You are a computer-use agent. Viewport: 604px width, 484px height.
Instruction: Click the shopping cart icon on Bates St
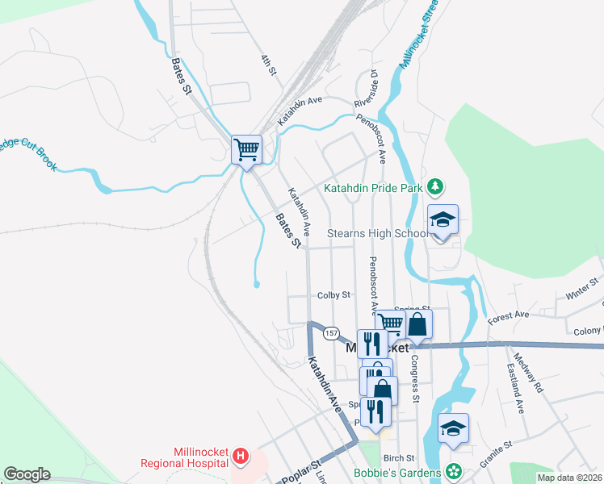pos(246,149)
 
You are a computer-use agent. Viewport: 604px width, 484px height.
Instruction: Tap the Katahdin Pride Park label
pos(373,189)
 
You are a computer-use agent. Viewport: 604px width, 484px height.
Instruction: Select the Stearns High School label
pos(376,234)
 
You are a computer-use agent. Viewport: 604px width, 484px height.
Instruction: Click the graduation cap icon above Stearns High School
pos(443,219)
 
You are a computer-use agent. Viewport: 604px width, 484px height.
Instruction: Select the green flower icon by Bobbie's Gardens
pos(454,470)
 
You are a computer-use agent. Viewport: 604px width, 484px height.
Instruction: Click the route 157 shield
pos(330,332)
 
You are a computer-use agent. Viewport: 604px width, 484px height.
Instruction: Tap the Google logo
pos(27,474)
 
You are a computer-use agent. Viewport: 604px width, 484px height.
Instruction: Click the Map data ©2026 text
pos(570,478)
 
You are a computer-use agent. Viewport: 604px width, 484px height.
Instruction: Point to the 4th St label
pos(269,65)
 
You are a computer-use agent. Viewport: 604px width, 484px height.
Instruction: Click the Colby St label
pos(333,295)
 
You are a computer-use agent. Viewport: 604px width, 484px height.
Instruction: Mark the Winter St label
pos(583,289)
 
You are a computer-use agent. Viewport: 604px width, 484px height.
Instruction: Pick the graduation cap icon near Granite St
pos(453,430)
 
